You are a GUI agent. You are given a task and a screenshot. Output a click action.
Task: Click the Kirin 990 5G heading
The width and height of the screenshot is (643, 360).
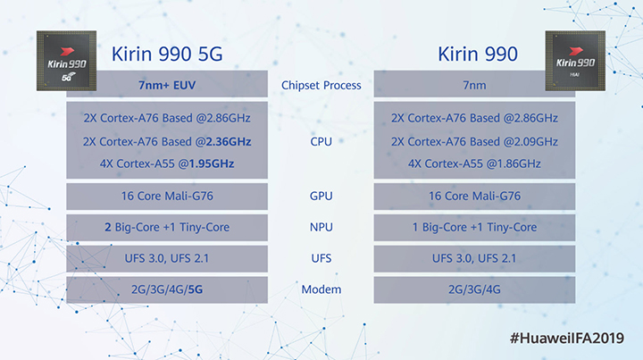167,54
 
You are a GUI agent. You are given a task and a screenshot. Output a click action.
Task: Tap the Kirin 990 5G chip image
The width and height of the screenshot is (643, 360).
66,60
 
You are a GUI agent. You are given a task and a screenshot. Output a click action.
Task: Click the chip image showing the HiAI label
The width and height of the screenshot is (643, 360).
575,60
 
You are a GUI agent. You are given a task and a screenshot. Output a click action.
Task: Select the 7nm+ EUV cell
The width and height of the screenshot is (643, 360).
167,84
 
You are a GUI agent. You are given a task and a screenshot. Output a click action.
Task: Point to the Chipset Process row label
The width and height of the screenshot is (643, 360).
321,85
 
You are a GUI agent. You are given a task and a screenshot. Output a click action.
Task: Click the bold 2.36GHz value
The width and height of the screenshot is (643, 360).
229,141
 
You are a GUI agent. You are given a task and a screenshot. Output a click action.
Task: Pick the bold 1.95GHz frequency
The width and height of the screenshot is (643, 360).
211,163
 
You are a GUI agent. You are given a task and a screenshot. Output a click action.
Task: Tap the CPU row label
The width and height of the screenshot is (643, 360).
321,141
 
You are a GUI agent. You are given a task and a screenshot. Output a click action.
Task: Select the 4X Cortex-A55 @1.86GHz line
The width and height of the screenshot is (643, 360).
474,163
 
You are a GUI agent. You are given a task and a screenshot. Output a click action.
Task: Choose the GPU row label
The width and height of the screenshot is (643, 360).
321,196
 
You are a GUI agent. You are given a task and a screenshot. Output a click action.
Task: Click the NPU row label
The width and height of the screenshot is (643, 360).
321,227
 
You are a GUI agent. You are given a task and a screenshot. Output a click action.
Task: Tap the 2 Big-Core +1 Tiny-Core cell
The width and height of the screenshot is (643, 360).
167,227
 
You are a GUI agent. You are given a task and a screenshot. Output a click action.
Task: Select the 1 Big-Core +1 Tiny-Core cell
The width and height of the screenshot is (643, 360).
474,227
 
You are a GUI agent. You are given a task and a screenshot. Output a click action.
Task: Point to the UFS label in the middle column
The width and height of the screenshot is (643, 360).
321,258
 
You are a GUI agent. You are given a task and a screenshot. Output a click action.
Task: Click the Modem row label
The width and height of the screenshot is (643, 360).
321,289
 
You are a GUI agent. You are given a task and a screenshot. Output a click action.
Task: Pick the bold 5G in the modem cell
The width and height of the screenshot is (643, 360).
196,289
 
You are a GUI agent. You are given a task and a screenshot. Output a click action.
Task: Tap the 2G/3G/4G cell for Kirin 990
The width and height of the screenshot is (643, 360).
474,289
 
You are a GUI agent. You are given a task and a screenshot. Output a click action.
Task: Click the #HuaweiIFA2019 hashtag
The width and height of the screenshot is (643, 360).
567,339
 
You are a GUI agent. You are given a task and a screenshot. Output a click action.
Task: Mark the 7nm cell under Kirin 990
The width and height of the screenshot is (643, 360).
474,84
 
